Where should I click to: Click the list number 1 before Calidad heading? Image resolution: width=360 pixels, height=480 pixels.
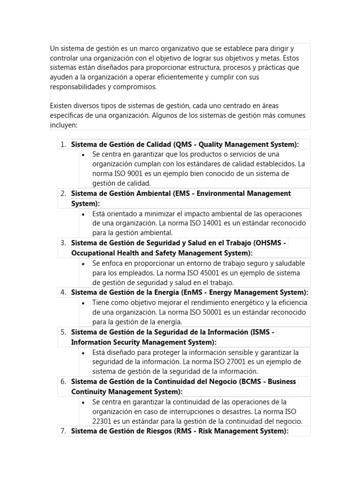click(63, 144)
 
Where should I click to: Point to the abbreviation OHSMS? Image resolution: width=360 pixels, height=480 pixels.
click(270, 243)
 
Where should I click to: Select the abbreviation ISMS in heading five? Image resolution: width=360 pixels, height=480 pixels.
click(262, 332)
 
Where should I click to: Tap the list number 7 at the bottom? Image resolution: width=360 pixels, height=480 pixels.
click(63, 431)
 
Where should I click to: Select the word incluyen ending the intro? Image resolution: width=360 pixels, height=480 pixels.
click(64, 125)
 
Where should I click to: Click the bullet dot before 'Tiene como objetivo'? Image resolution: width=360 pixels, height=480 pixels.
click(83, 303)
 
